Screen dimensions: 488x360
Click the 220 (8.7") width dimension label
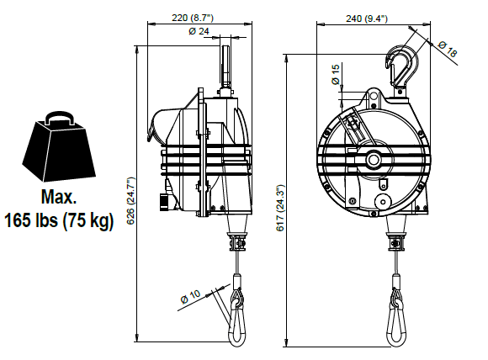(193, 18)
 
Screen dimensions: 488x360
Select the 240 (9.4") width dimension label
(367, 19)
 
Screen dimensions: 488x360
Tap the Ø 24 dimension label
(199, 31)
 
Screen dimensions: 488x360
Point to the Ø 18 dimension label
(448, 49)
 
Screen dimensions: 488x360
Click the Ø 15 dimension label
(336, 74)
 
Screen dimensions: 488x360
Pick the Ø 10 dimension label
(190, 297)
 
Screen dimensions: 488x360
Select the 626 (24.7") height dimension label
(130, 201)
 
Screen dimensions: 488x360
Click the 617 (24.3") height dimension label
(280, 208)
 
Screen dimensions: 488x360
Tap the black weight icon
(59, 147)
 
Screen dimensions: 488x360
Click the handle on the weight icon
(60, 118)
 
